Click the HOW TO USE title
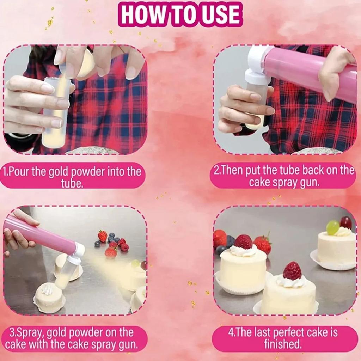180,14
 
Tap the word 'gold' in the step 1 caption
58,172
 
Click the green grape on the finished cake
332,227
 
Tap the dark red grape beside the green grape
346,222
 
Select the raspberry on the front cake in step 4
292,271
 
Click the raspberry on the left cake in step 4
243,242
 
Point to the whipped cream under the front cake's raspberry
291,281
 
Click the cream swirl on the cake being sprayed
47,290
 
